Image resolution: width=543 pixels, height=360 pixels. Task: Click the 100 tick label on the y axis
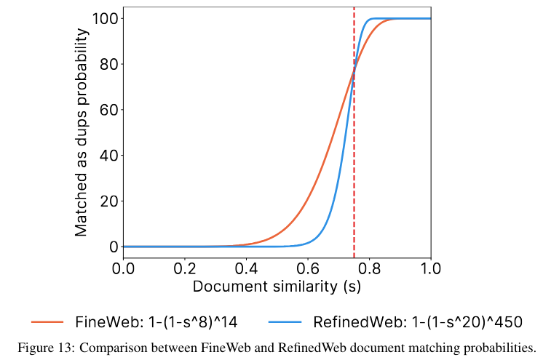point(106,18)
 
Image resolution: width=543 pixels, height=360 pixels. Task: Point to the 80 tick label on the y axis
point(109,64)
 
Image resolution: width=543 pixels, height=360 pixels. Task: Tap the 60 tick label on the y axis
point(109,110)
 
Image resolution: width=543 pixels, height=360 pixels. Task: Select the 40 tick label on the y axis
point(109,156)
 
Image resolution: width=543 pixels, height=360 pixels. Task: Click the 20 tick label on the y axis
point(109,201)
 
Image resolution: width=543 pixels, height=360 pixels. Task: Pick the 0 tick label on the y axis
point(114,247)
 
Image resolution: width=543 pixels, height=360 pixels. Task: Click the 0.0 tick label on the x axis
point(123,268)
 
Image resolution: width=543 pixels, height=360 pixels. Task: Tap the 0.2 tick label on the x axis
point(185,268)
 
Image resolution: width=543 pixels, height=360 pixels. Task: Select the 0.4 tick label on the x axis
point(246,268)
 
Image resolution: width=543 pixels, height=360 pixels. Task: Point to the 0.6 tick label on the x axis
point(308,268)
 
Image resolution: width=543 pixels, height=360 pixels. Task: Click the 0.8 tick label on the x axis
point(369,268)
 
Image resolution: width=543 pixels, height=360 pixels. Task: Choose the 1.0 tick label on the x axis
point(430,268)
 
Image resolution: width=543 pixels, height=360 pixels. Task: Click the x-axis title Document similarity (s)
point(277,287)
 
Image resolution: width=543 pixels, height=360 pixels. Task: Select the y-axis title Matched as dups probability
point(82,132)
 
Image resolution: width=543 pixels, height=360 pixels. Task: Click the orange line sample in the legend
point(47,322)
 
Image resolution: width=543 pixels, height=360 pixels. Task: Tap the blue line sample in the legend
point(285,322)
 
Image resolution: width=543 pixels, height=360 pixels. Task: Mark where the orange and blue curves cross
point(354,71)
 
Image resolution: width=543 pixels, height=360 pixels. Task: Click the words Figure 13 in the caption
point(46,348)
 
